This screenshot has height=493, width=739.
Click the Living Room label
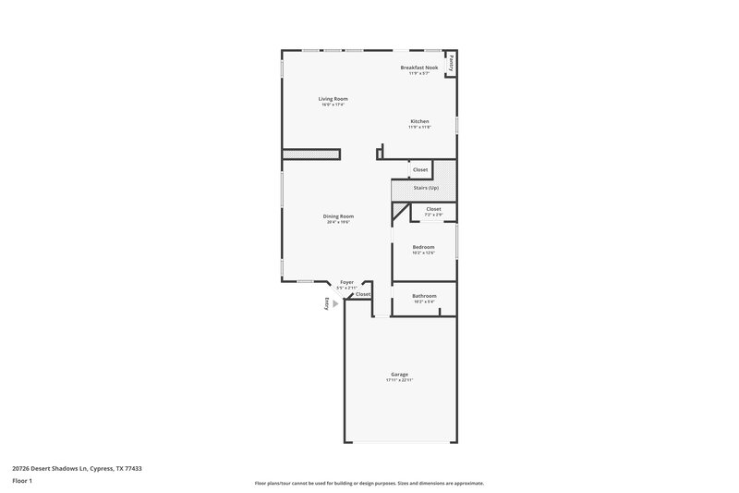tap(333, 99)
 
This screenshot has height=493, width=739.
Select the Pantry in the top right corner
tap(451, 64)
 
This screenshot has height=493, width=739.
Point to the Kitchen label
tap(420, 121)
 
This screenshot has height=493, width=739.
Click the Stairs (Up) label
tap(426, 188)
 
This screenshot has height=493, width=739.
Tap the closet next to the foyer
tap(363, 294)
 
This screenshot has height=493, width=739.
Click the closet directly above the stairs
tap(420, 170)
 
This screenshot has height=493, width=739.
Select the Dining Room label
tap(339, 216)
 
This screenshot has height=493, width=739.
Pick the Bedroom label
tap(423, 247)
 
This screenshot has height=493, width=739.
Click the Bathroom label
tap(424, 296)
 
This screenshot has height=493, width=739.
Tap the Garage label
tap(399, 375)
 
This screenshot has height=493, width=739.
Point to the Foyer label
tap(346, 282)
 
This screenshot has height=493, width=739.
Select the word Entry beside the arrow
tap(325, 303)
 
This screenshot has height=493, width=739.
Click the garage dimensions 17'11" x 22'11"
tap(399, 380)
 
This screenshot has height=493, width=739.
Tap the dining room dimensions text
tap(339, 222)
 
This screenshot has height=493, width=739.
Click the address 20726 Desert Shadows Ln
tap(78, 468)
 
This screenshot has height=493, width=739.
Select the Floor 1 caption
tap(22, 482)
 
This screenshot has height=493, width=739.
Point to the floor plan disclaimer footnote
tap(369, 483)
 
